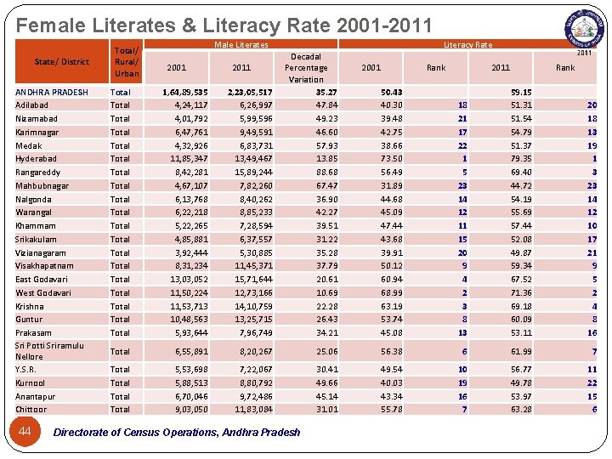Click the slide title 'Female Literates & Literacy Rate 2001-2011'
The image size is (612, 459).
(x=224, y=25)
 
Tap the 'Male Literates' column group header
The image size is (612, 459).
(x=241, y=45)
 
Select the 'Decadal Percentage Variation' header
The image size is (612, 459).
(x=306, y=68)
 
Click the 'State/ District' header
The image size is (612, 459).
(x=61, y=62)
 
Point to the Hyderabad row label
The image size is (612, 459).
(x=36, y=159)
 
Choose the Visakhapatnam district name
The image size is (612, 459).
(x=44, y=266)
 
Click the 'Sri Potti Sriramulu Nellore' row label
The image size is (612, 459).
(x=49, y=351)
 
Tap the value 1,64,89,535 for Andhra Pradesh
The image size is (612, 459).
(x=184, y=92)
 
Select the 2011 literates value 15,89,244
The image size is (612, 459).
(x=252, y=173)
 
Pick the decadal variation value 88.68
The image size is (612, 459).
(x=326, y=173)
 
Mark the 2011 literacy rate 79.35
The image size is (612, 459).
(x=521, y=159)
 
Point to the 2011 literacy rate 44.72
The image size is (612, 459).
(x=521, y=185)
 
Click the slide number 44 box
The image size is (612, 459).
(x=25, y=432)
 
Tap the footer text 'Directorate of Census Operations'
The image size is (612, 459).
(x=177, y=433)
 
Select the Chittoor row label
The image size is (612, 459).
(x=32, y=410)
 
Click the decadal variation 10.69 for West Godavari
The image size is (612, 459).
(x=326, y=292)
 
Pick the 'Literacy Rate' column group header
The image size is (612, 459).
(x=467, y=45)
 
